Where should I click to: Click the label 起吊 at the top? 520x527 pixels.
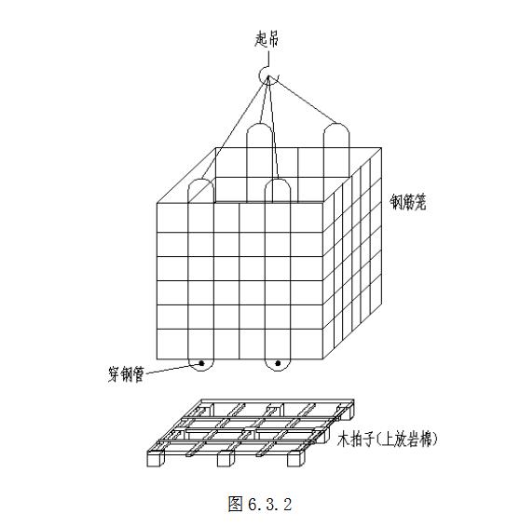point(267,39)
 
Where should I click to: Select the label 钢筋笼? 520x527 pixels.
point(408,202)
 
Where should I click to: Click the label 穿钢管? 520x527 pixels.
point(126,373)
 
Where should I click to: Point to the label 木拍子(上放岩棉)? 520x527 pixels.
point(387,439)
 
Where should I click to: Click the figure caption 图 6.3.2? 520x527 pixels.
point(260,504)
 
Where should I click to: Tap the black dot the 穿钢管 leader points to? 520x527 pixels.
point(202,363)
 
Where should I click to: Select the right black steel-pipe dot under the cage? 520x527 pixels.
point(278,363)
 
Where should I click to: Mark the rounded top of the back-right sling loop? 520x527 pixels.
point(336,124)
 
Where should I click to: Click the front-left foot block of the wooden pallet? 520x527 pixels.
point(156,459)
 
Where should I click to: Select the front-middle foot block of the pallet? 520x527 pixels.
point(226,459)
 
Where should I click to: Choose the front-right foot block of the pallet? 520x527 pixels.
point(296,458)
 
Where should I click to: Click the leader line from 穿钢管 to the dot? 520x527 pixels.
point(172,369)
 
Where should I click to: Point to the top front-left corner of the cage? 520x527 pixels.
point(157,203)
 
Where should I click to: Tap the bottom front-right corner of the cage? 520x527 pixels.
point(323,359)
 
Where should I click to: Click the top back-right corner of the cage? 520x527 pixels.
point(381,148)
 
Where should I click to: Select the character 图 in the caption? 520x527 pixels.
point(235,504)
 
